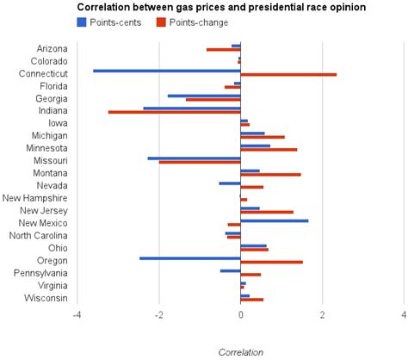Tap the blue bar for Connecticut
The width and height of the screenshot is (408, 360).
166,71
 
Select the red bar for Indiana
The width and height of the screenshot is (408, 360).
174,112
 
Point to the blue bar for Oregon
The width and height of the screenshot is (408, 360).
189,258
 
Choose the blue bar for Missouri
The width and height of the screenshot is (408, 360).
194,158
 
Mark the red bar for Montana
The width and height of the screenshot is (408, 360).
270,174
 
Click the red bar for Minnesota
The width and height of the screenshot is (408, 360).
269,149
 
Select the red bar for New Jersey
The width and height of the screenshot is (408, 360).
267,212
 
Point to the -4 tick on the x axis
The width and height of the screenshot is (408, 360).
77,314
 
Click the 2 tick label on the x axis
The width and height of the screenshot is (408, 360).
322,314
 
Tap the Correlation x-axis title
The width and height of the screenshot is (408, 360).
240,352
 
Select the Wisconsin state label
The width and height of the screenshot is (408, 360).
46,298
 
